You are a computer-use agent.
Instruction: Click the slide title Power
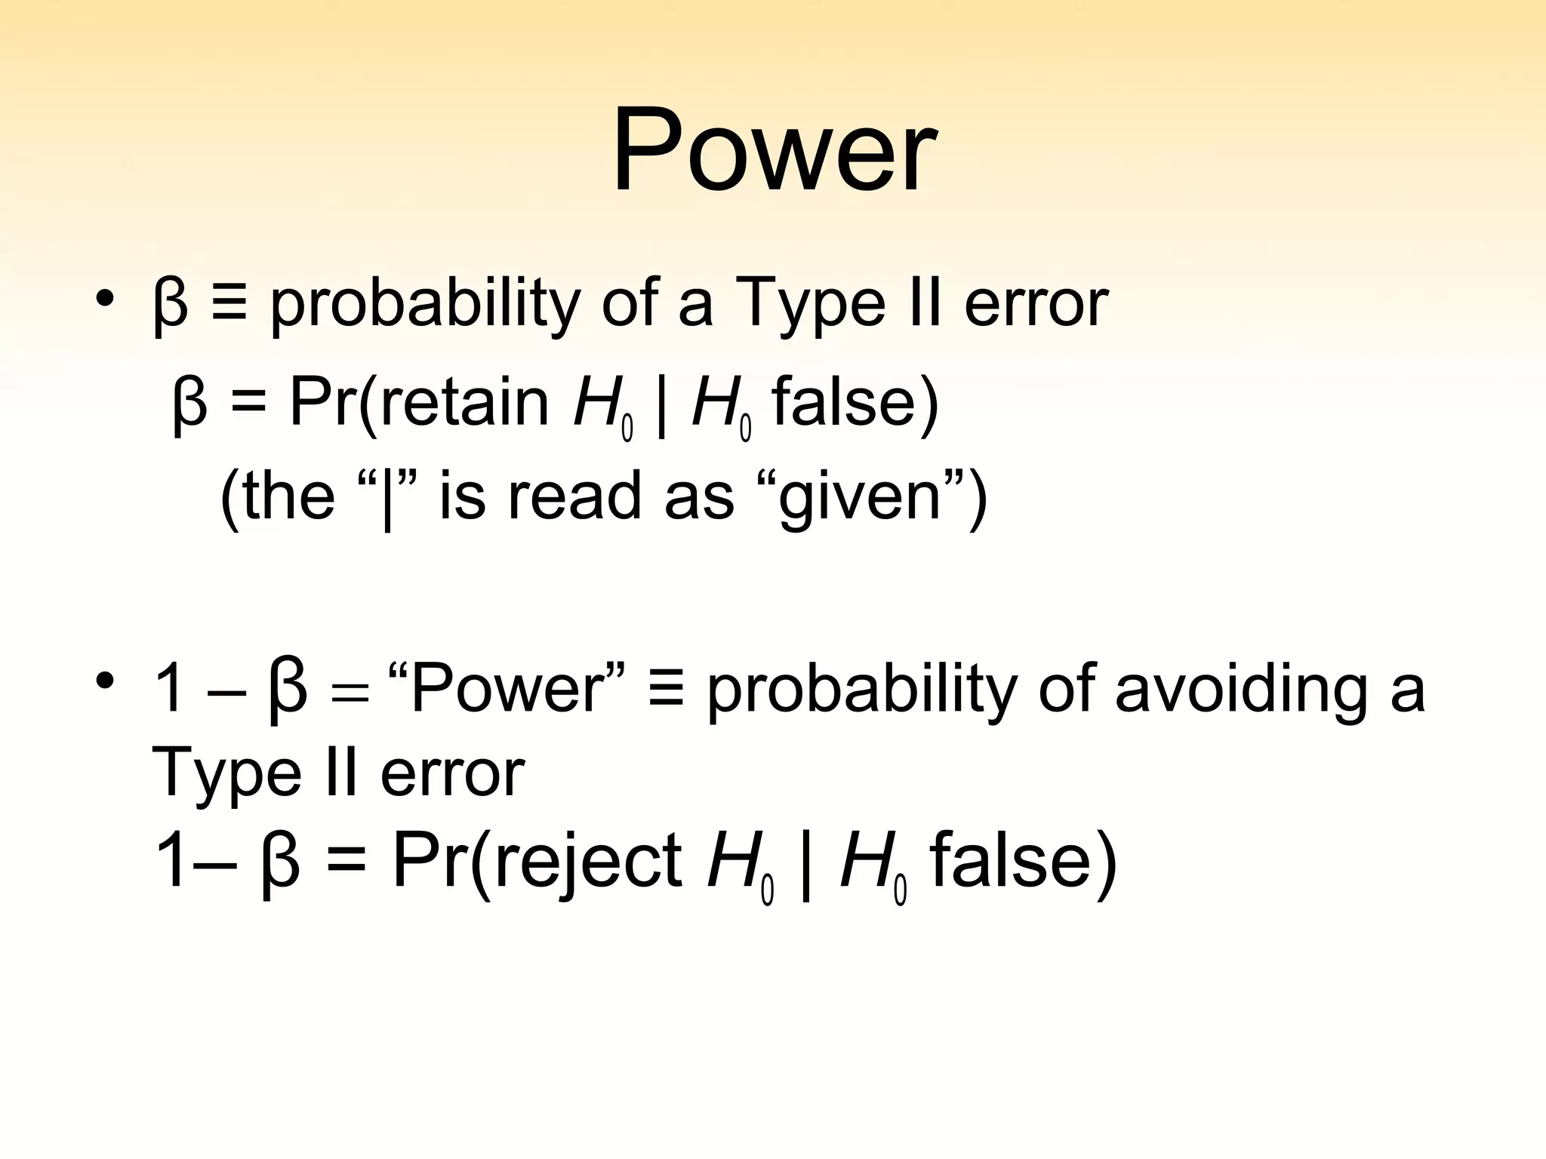pyautogui.click(x=774, y=151)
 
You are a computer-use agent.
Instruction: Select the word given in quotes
pyautogui.click(x=860, y=498)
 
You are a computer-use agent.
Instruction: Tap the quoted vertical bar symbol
pyautogui.click(x=387, y=498)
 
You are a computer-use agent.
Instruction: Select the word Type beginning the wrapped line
pyautogui.click(x=226, y=774)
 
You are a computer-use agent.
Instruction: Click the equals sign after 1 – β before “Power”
pyautogui.click(x=350, y=693)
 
